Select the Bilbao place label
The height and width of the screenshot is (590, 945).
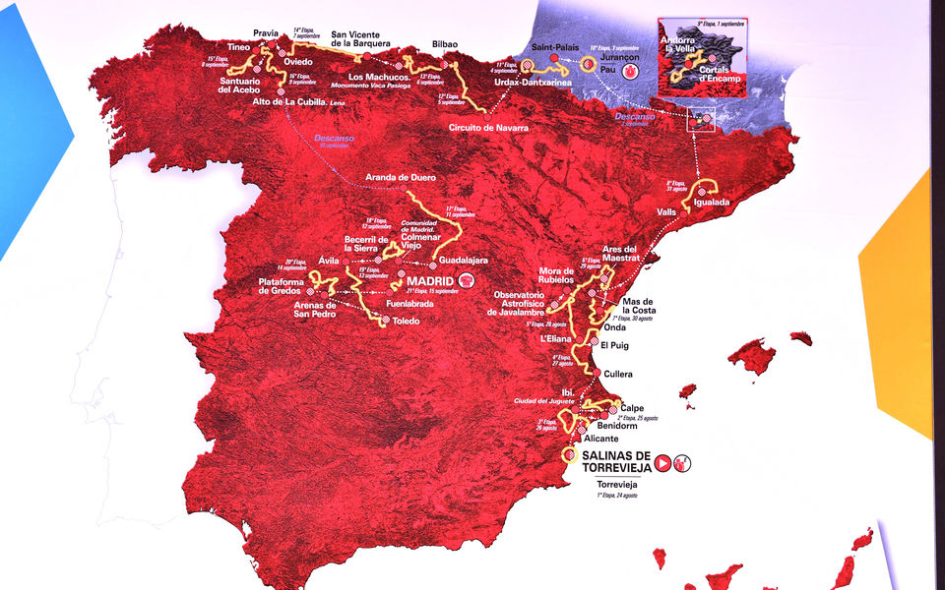pos(445,45)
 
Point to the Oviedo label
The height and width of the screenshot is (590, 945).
pos(298,61)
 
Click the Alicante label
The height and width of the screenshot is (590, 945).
pos(601,439)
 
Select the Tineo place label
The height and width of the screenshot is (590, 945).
pos(239,47)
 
